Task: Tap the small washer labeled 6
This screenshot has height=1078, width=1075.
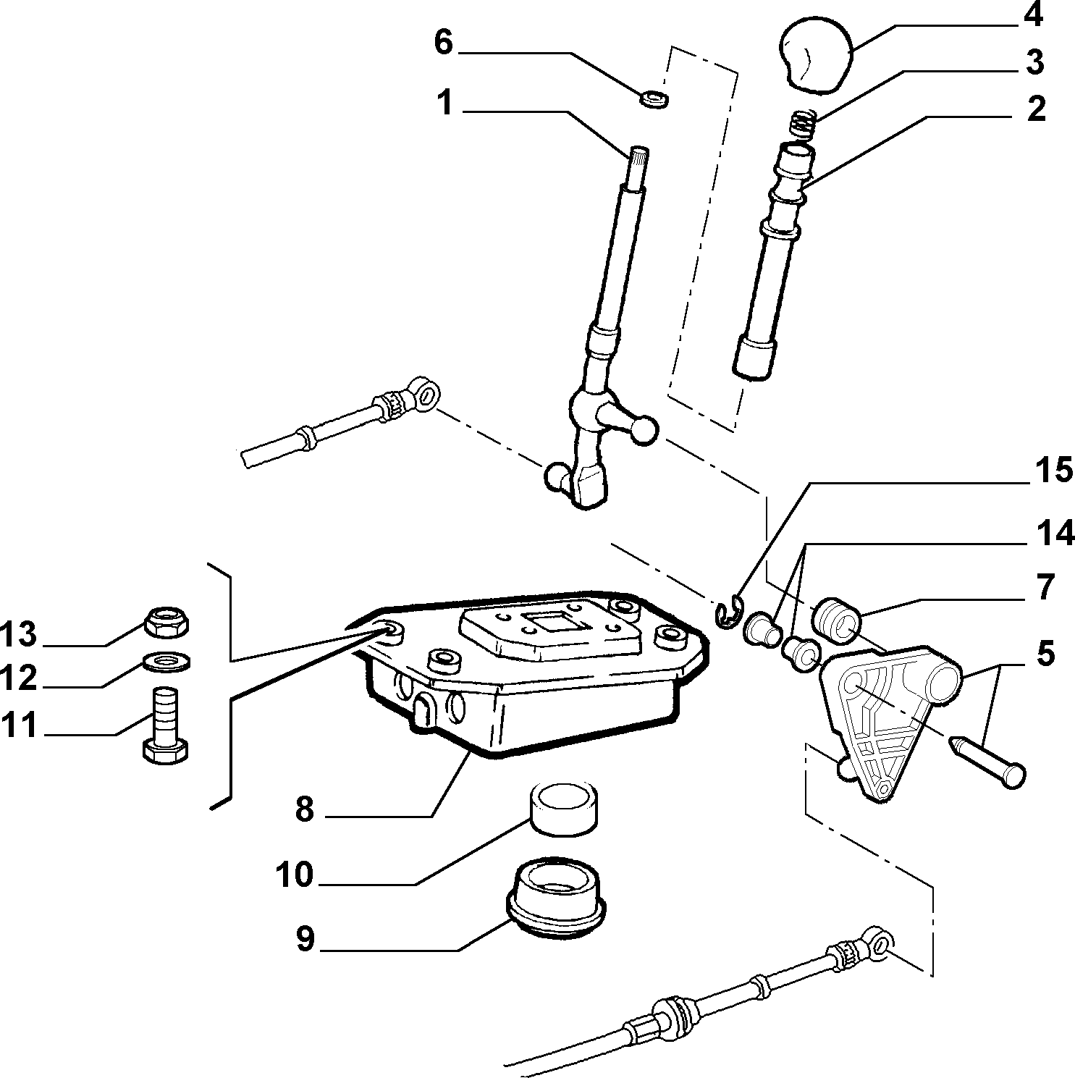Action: [x=654, y=97]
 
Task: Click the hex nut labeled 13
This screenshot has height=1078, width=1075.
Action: [x=166, y=620]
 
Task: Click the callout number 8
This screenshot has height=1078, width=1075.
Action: [x=304, y=809]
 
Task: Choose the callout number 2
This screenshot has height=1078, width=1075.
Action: [x=1036, y=109]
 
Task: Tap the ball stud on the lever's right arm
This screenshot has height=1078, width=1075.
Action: [x=644, y=429]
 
